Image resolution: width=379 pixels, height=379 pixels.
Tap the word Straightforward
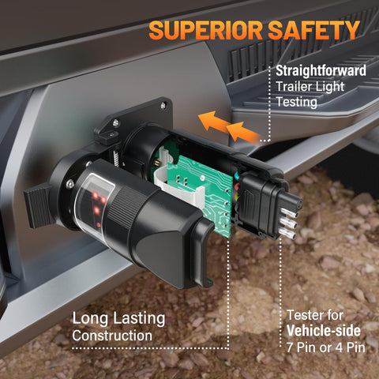point(321,70)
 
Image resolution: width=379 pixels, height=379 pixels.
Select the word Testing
point(297,102)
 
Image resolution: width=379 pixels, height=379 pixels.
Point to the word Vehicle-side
point(324,331)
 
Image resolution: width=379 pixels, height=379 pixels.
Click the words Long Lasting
point(118,318)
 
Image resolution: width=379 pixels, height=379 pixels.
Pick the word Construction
point(112,336)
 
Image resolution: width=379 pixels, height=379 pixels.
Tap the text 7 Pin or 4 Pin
point(326,347)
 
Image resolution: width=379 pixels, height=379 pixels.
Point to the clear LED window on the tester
point(94,203)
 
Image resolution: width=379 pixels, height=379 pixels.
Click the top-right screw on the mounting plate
point(163,106)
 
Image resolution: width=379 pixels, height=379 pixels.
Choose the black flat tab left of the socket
point(38,205)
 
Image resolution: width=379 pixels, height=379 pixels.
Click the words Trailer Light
point(310,86)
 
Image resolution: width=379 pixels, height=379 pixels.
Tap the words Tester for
point(315,315)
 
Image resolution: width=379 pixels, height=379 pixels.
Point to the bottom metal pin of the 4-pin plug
point(287,233)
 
